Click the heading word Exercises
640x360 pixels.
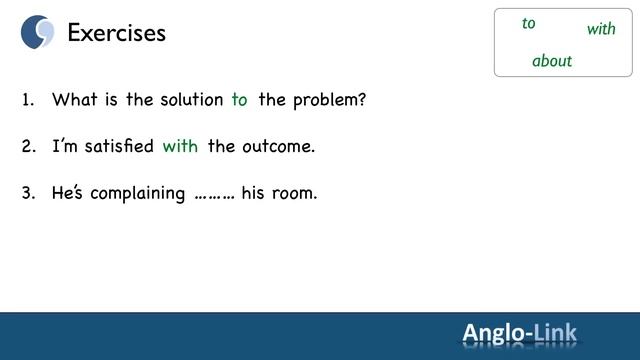tap(116, 33)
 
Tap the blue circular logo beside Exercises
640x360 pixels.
tap(38, 32)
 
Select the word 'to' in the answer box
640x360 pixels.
tap(529, 24)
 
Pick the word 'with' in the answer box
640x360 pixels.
tap(601, 29)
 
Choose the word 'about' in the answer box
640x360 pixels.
tap(552, 61)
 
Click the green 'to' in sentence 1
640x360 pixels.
tap(239, 100)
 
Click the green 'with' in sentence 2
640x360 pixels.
tap(180, 146)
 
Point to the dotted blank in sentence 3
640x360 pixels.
tap(213, 193)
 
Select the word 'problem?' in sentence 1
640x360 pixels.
tap(332, 100)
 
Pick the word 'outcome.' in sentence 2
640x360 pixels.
tap(277, 146)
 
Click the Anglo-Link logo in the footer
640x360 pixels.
tap(519, 333)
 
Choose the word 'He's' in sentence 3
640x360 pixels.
tap(68, 193)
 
